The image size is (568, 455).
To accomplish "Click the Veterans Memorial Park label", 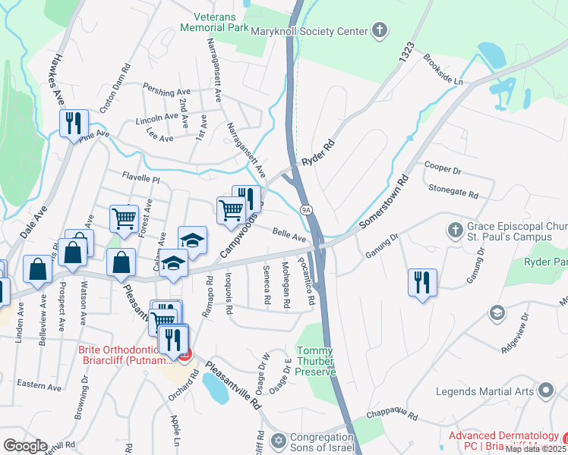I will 215,21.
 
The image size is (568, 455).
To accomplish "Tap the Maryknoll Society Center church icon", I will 380,30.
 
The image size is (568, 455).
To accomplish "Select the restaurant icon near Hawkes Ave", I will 74,123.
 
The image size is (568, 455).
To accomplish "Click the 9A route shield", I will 306,209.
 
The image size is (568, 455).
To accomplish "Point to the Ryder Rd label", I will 317,152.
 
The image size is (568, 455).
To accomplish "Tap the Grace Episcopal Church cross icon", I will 454,230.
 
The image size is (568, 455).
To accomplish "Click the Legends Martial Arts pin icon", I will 545,391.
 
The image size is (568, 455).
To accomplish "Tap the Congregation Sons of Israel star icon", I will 279,441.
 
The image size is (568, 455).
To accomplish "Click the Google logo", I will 25,446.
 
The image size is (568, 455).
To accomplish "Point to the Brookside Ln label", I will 443,68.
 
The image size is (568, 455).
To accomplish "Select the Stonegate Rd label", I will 453,194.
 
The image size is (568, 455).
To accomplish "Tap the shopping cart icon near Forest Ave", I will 124,218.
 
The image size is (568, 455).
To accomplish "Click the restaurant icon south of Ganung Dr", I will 422,281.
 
